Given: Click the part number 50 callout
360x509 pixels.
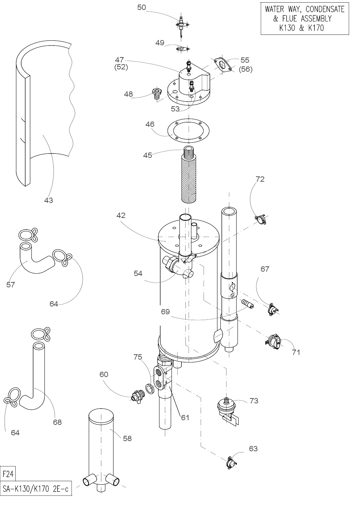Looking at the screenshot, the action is click(x=142, y=8).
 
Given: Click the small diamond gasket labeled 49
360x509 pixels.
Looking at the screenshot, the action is click(x=182, y=49).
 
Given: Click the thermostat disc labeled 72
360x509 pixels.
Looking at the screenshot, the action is click(x=261, y=220).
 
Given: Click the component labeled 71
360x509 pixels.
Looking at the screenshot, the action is click(x=273, y=341).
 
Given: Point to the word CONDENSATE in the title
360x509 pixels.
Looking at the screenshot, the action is click(x=325, y=10).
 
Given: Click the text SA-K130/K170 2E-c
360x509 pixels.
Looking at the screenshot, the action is click(x=36, y=489).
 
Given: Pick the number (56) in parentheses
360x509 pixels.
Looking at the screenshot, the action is click(x=246, y=69).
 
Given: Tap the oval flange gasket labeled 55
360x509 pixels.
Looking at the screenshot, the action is click(x=223, y=65).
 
